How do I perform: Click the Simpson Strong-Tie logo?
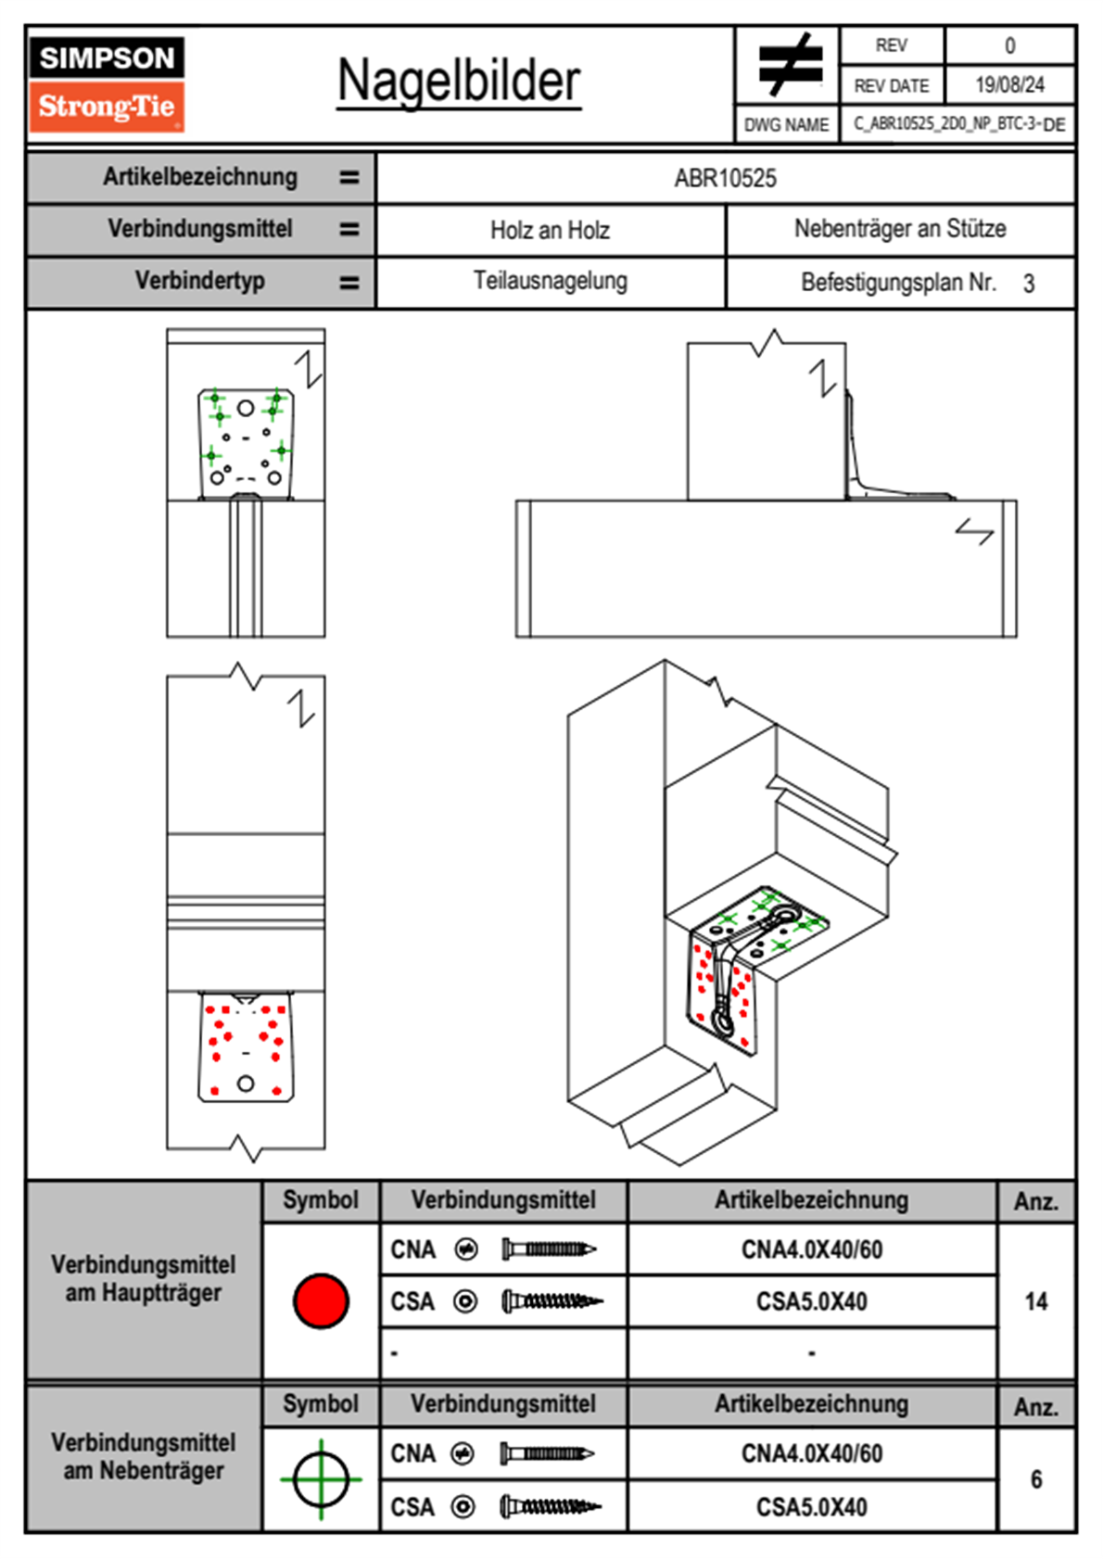click(x=107, y=83)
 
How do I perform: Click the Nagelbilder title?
click(x=459, y=82)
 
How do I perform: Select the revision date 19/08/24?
click(x=1009, y=85)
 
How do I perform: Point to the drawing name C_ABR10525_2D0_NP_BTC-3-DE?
click(x=958, y=124)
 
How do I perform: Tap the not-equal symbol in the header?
click(x=789, y=65)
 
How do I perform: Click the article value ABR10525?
click(x=725, y=178)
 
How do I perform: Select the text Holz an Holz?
click(x=550, y=230)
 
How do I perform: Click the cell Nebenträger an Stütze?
click(x=900, y=229)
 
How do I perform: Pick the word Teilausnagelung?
click(x=550, y=281)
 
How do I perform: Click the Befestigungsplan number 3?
click(x=1029, y=284)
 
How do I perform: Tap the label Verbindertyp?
click(x=199, y=281)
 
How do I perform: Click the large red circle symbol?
click(x=321, y=1300)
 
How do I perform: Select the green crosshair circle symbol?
click(x=321, y=1479)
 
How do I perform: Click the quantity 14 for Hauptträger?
click(x=1036, y=1301)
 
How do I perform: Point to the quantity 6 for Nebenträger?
click(x=1036, y=1479)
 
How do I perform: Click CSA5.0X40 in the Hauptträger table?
click(x=812, y=1301)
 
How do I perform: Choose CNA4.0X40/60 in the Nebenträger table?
click(x=812, y=1453)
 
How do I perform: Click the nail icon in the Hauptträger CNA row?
click(x=549, y=1249)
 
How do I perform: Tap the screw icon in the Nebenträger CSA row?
click(x=551, y=1507)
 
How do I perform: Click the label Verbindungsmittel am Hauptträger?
click(x=144, y=1278)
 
